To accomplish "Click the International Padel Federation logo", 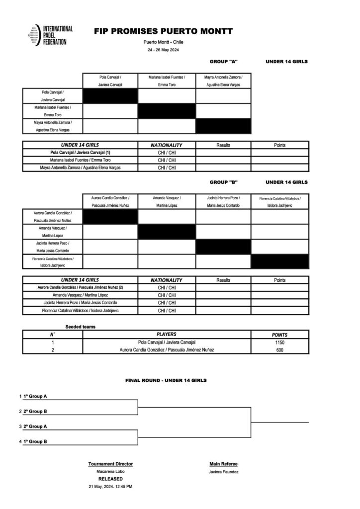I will (50, 36).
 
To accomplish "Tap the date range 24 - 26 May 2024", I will (163, 51).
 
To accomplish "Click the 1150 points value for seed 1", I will (280, 342).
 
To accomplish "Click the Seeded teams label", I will (80, 327).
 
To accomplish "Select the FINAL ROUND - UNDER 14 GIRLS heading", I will (166, 380).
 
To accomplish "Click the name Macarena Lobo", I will (110, 471).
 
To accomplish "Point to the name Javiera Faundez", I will (224, 471).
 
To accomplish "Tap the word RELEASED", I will (110, 479).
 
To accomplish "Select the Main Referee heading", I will (224, 464).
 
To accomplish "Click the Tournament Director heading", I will (110, 464).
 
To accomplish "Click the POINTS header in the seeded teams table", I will (280, 335).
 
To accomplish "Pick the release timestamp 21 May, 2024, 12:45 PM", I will (110, 486).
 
